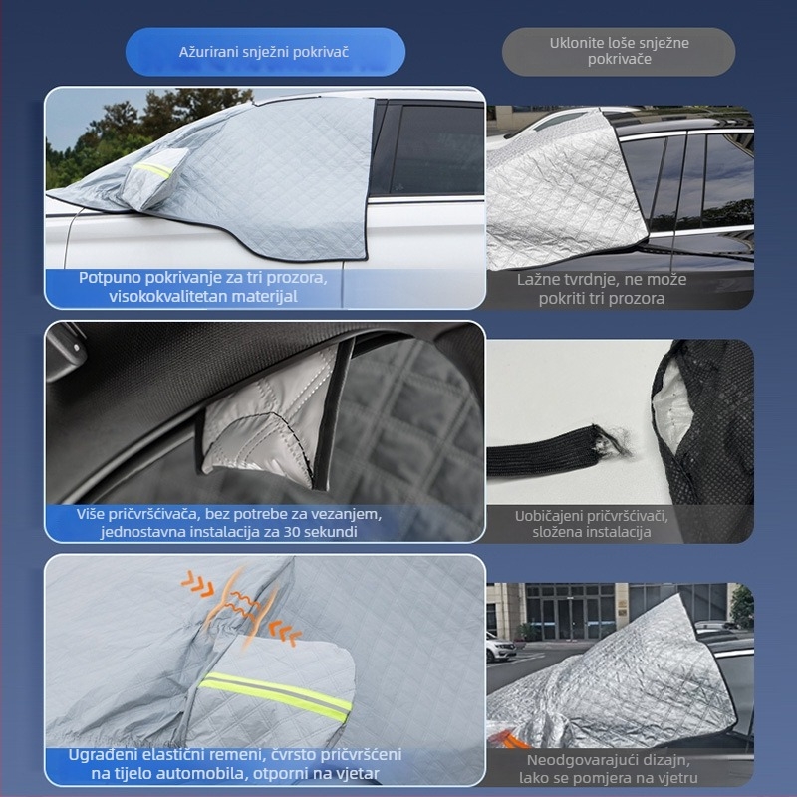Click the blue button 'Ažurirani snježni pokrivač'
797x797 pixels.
point(264,52)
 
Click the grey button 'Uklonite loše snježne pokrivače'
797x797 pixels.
point(619,52)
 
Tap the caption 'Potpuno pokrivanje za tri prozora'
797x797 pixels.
point(203,277)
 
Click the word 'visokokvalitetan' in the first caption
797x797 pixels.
point(159,296)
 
